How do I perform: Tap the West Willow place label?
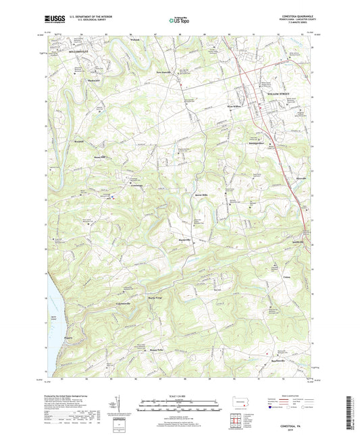[233, 106]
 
